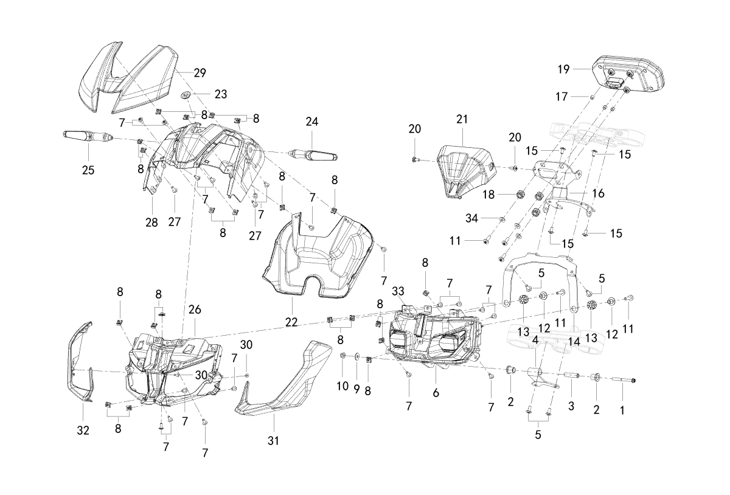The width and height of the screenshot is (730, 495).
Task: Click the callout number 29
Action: (200, 73)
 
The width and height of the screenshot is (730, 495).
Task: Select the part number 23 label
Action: (221, 94)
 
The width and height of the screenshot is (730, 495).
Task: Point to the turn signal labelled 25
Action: (87, 136)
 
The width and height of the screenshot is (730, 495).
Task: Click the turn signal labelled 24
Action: (313, 156)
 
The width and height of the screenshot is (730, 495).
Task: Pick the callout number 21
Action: (462, 120)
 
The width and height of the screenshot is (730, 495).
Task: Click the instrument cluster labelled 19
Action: (628, 75)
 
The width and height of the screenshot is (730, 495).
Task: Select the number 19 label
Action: (563, 69)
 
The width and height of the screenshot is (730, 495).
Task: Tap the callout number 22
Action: (291, 322)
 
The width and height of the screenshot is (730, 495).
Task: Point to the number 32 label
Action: (83, 431)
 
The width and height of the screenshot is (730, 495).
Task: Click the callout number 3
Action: (571, 406)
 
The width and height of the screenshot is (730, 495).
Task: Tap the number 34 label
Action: (471, 218)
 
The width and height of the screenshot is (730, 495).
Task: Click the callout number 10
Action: (342, 386)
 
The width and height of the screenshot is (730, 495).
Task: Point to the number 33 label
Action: (398, 291)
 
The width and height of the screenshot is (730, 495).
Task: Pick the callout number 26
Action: (195, 310)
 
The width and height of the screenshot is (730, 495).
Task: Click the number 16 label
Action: (598, 193)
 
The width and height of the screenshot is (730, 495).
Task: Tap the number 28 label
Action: (151, 223)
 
